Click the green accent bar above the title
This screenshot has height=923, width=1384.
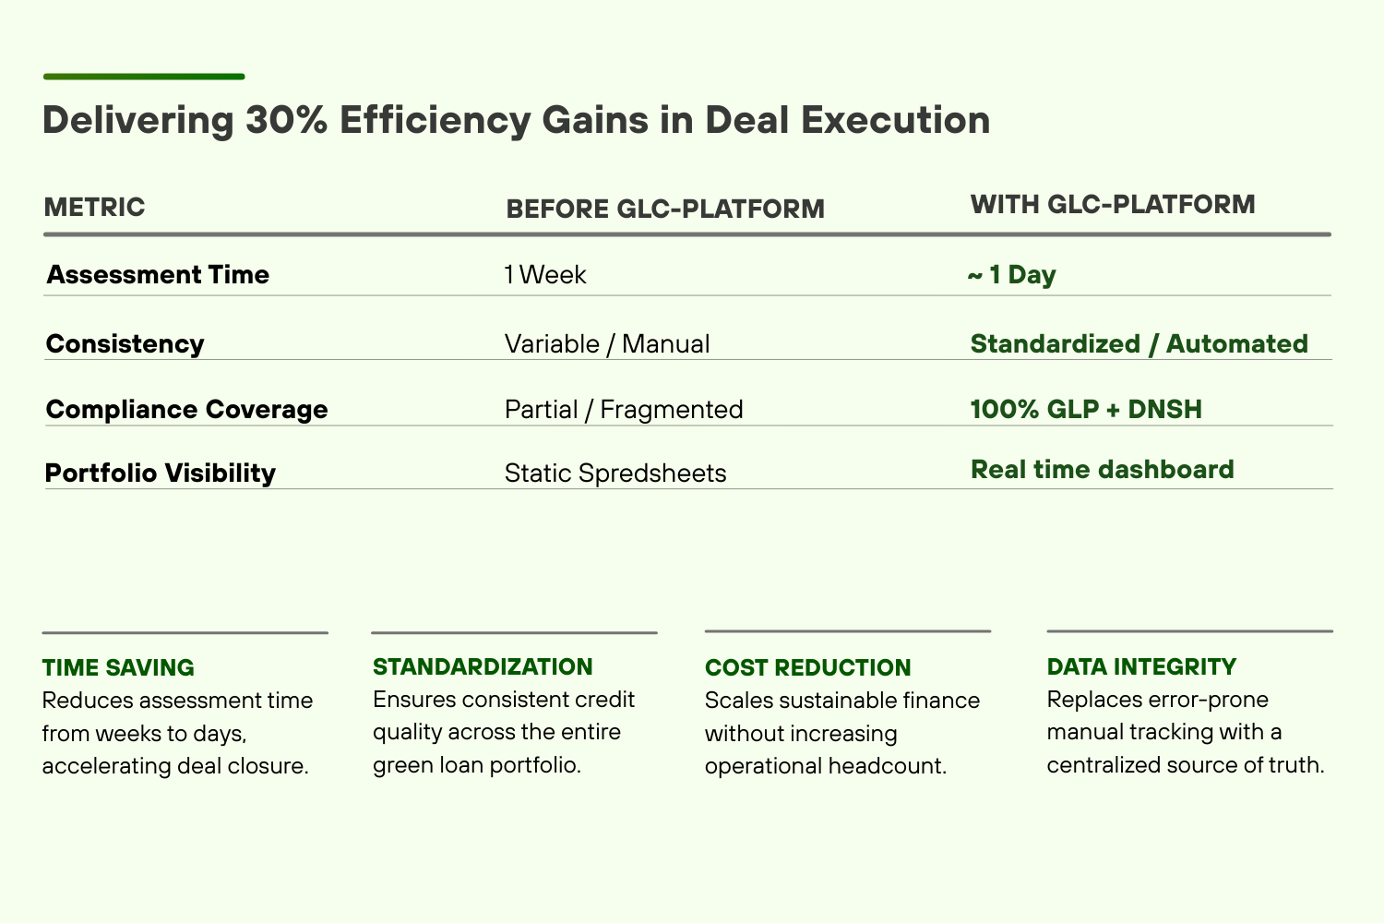point(143,77)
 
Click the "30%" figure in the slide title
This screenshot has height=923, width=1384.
point(286,121)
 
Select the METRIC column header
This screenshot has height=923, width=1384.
point(94,207)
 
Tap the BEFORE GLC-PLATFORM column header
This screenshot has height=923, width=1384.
point(664,209)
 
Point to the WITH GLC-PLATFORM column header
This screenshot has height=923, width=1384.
point(1112,204)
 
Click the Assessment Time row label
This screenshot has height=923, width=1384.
point(158,275)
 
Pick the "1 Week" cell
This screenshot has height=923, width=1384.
point(544,275)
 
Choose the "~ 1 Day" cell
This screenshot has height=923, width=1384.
point(1011,275)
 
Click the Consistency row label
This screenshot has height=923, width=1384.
point(125,344)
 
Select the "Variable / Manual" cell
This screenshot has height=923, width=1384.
point(606,344)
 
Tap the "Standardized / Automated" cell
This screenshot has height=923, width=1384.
point(1139,344)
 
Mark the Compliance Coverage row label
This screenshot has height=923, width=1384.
point(186,410)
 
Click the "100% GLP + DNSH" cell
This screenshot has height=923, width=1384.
point(1086,409)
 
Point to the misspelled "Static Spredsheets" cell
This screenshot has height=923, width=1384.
point(614,473)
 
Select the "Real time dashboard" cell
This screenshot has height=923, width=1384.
point(1102,470)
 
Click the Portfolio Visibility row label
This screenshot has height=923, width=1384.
point(161,473)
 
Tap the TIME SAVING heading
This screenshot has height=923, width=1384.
point(118,667)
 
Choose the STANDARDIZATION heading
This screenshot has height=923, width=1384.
point(483,666)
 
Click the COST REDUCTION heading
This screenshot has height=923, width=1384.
point(807,667)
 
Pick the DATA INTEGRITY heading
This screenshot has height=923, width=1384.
point(1141,666)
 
